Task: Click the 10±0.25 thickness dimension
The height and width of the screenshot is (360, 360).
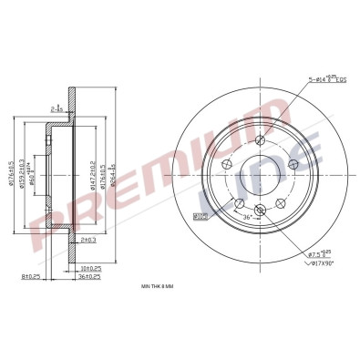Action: [89, 268]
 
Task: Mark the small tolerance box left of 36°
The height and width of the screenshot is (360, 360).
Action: [201, 215]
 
